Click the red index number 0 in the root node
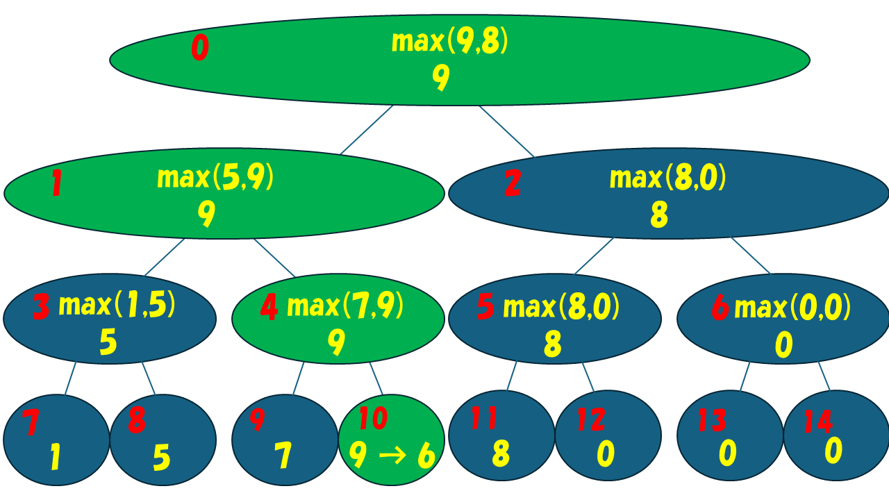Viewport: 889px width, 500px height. (x=199, y=49)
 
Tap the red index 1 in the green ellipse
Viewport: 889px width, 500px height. (x=57, y=185)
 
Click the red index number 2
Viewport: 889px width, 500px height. (x=513, y=184)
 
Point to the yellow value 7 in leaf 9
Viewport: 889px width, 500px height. (x=282, y=456)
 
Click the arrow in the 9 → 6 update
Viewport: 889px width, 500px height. (x=391, y=456)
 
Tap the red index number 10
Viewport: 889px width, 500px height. (x=373, y=419)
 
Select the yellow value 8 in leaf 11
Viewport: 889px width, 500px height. (x=501, y=453)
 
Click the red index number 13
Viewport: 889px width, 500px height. (x=713, y=421)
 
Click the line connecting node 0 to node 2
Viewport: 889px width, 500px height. (x=506, y=131)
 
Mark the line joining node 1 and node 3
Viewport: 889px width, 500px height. (x=165, y=258)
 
